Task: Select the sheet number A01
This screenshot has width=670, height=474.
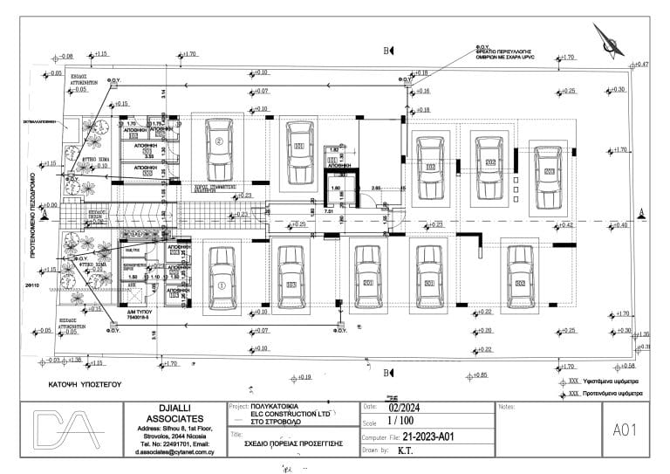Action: click(627, 429)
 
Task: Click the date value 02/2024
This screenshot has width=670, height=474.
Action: click(405, 407)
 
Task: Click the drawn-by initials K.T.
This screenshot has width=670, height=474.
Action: click(405, 451)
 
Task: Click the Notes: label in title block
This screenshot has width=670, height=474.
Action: click(505, 407)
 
